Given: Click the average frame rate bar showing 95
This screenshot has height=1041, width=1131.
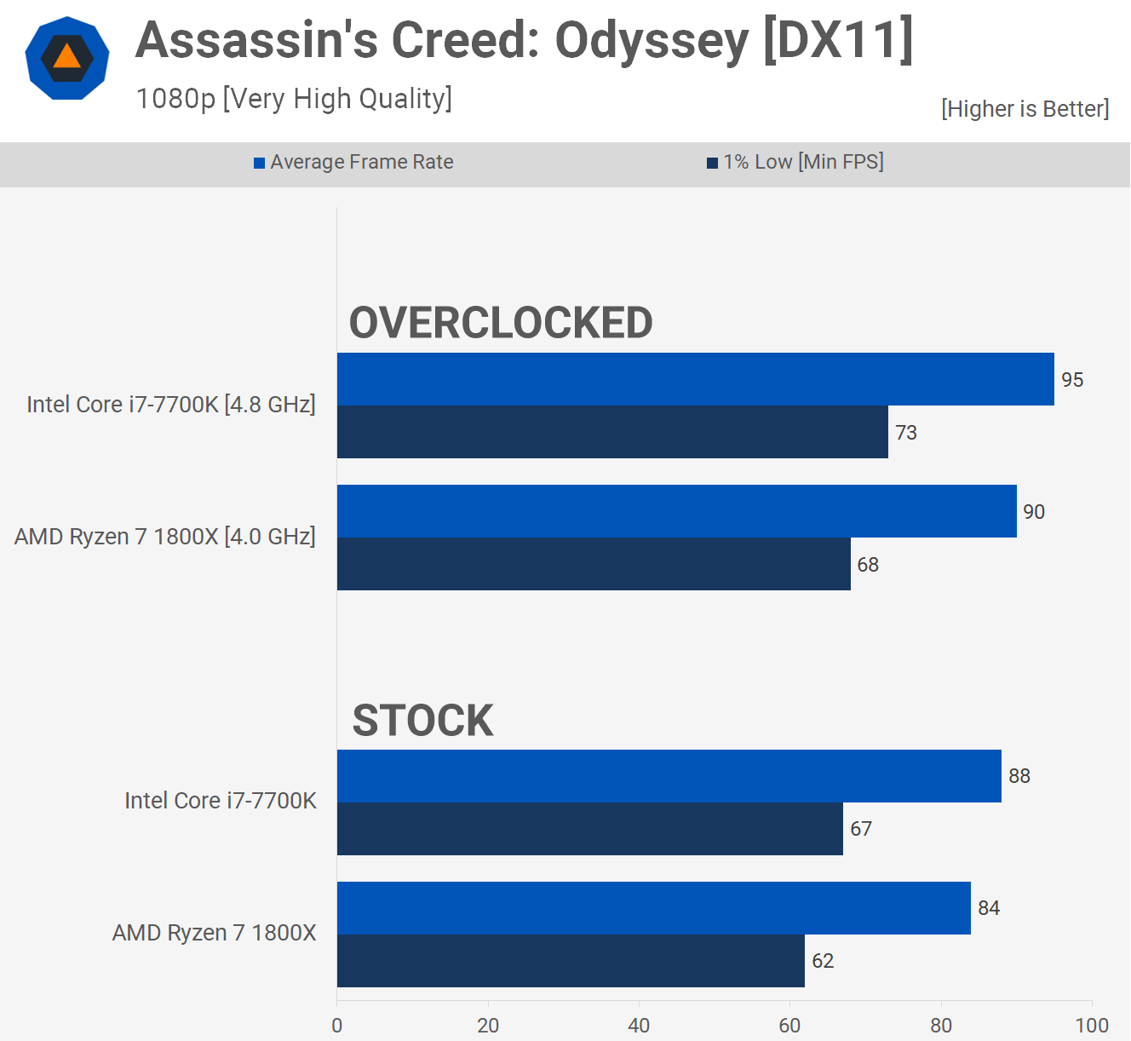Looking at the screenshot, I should [695, 379].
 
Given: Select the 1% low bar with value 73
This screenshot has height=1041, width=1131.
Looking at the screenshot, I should [612, 432].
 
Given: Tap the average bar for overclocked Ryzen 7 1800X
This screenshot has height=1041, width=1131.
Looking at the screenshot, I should [676, 511].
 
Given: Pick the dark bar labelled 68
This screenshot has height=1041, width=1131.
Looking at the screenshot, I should [594, 564].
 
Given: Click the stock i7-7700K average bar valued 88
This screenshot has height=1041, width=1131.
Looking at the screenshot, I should [669, 776].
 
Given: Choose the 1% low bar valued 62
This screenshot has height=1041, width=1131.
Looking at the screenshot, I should [571, 961].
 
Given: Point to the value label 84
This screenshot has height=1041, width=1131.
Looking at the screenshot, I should [989, 908].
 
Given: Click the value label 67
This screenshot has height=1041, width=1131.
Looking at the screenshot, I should [861, 829].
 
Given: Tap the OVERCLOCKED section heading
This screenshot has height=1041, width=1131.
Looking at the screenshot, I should [501, 323].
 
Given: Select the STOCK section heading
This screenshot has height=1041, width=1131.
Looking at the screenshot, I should [422, 721].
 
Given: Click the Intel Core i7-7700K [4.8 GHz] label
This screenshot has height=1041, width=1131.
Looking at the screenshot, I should [171, 405].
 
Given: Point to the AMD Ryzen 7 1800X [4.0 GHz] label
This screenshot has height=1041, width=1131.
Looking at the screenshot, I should [165, 537].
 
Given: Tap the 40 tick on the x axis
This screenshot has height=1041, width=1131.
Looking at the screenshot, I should [639, 1026].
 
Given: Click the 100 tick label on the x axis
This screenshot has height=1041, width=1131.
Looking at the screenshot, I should [1091, 1026].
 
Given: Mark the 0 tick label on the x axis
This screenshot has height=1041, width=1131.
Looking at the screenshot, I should [337, 1026].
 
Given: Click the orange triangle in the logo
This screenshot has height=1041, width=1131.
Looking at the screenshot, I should [67, 57].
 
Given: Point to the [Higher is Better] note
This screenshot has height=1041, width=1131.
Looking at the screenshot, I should [1025, 109].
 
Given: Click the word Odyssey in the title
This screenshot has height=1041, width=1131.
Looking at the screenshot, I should [652, 40].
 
